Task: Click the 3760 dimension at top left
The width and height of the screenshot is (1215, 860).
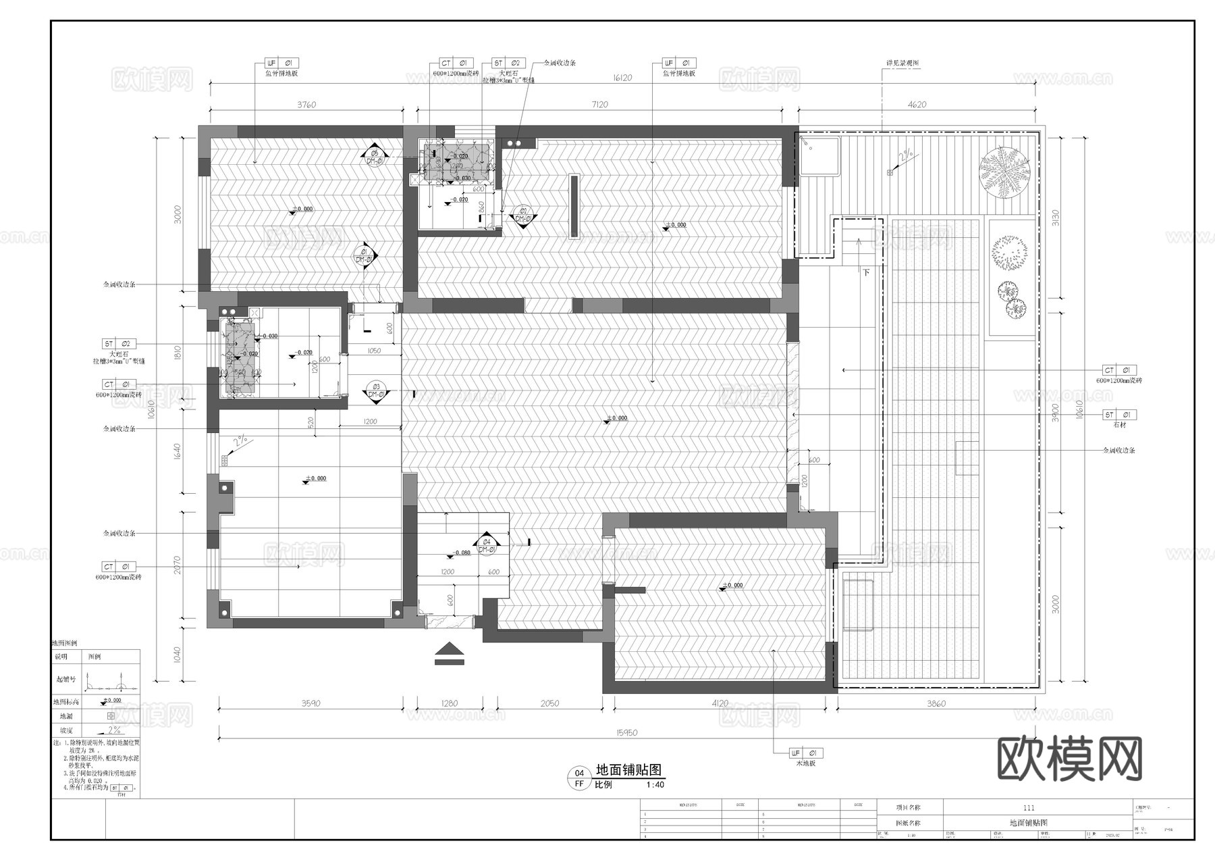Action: point(306,105)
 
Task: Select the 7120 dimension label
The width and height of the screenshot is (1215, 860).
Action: point(599,105)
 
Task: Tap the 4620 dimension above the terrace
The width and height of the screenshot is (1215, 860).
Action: point(917,105)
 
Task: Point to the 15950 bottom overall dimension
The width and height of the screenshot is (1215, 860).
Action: point(626,732)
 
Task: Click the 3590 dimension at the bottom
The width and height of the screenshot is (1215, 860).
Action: point(310,703)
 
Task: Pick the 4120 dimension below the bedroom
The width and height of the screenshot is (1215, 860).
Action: point(720,703)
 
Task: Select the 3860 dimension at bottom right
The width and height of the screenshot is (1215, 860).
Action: point(936,703)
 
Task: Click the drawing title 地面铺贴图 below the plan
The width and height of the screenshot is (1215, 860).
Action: point(628,769)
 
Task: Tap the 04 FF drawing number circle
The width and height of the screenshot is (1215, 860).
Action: point(578,778)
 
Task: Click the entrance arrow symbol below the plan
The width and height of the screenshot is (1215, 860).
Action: point(450,654)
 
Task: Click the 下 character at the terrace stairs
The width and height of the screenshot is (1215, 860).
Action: point(866,272)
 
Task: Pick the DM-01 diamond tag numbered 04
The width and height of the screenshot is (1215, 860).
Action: point(486,545)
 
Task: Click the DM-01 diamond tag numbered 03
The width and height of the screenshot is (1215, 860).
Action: point(375,391)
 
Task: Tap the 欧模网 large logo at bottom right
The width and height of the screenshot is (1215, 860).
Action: point(1069,759)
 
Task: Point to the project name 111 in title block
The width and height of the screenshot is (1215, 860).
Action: point(1029,807)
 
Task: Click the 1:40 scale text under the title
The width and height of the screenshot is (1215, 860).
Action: point(655,785)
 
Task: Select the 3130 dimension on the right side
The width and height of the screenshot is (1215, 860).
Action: point(1055,218)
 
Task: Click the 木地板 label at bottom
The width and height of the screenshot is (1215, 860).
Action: point(805,763)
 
